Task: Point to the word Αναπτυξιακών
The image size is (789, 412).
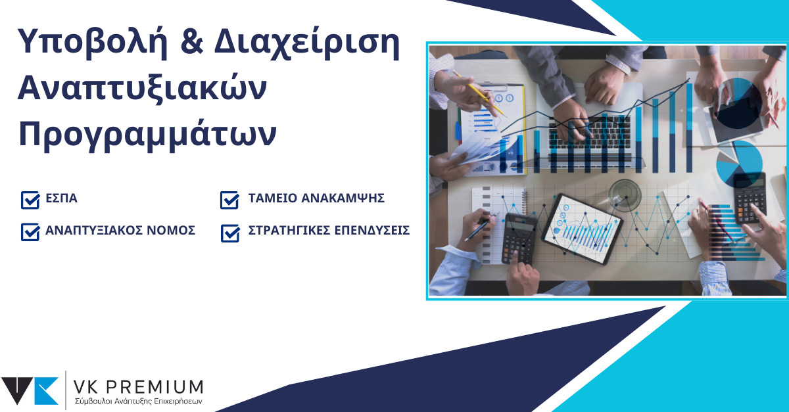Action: (x=142, y=89)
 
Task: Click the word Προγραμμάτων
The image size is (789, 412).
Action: (x=147, y=135)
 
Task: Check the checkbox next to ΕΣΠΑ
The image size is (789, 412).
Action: (x=30, y=200)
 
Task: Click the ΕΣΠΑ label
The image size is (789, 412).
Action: (x=61, y=198)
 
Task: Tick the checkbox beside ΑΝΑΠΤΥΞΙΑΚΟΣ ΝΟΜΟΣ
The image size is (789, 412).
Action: (x=30, y=232)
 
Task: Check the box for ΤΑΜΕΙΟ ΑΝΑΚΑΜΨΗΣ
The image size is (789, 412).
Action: (x=229, y=200)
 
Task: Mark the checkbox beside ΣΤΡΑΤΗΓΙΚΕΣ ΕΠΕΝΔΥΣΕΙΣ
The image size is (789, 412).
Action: (x=230, y=233)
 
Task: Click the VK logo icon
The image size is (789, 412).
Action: (x=30, y=391)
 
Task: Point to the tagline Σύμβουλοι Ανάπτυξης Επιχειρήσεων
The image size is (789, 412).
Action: (x=139, y=401)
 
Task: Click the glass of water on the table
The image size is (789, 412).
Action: (x=625, y=195)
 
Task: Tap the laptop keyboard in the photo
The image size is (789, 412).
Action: (x=589, y=131)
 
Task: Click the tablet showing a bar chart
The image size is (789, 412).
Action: (x=582, y=228)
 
